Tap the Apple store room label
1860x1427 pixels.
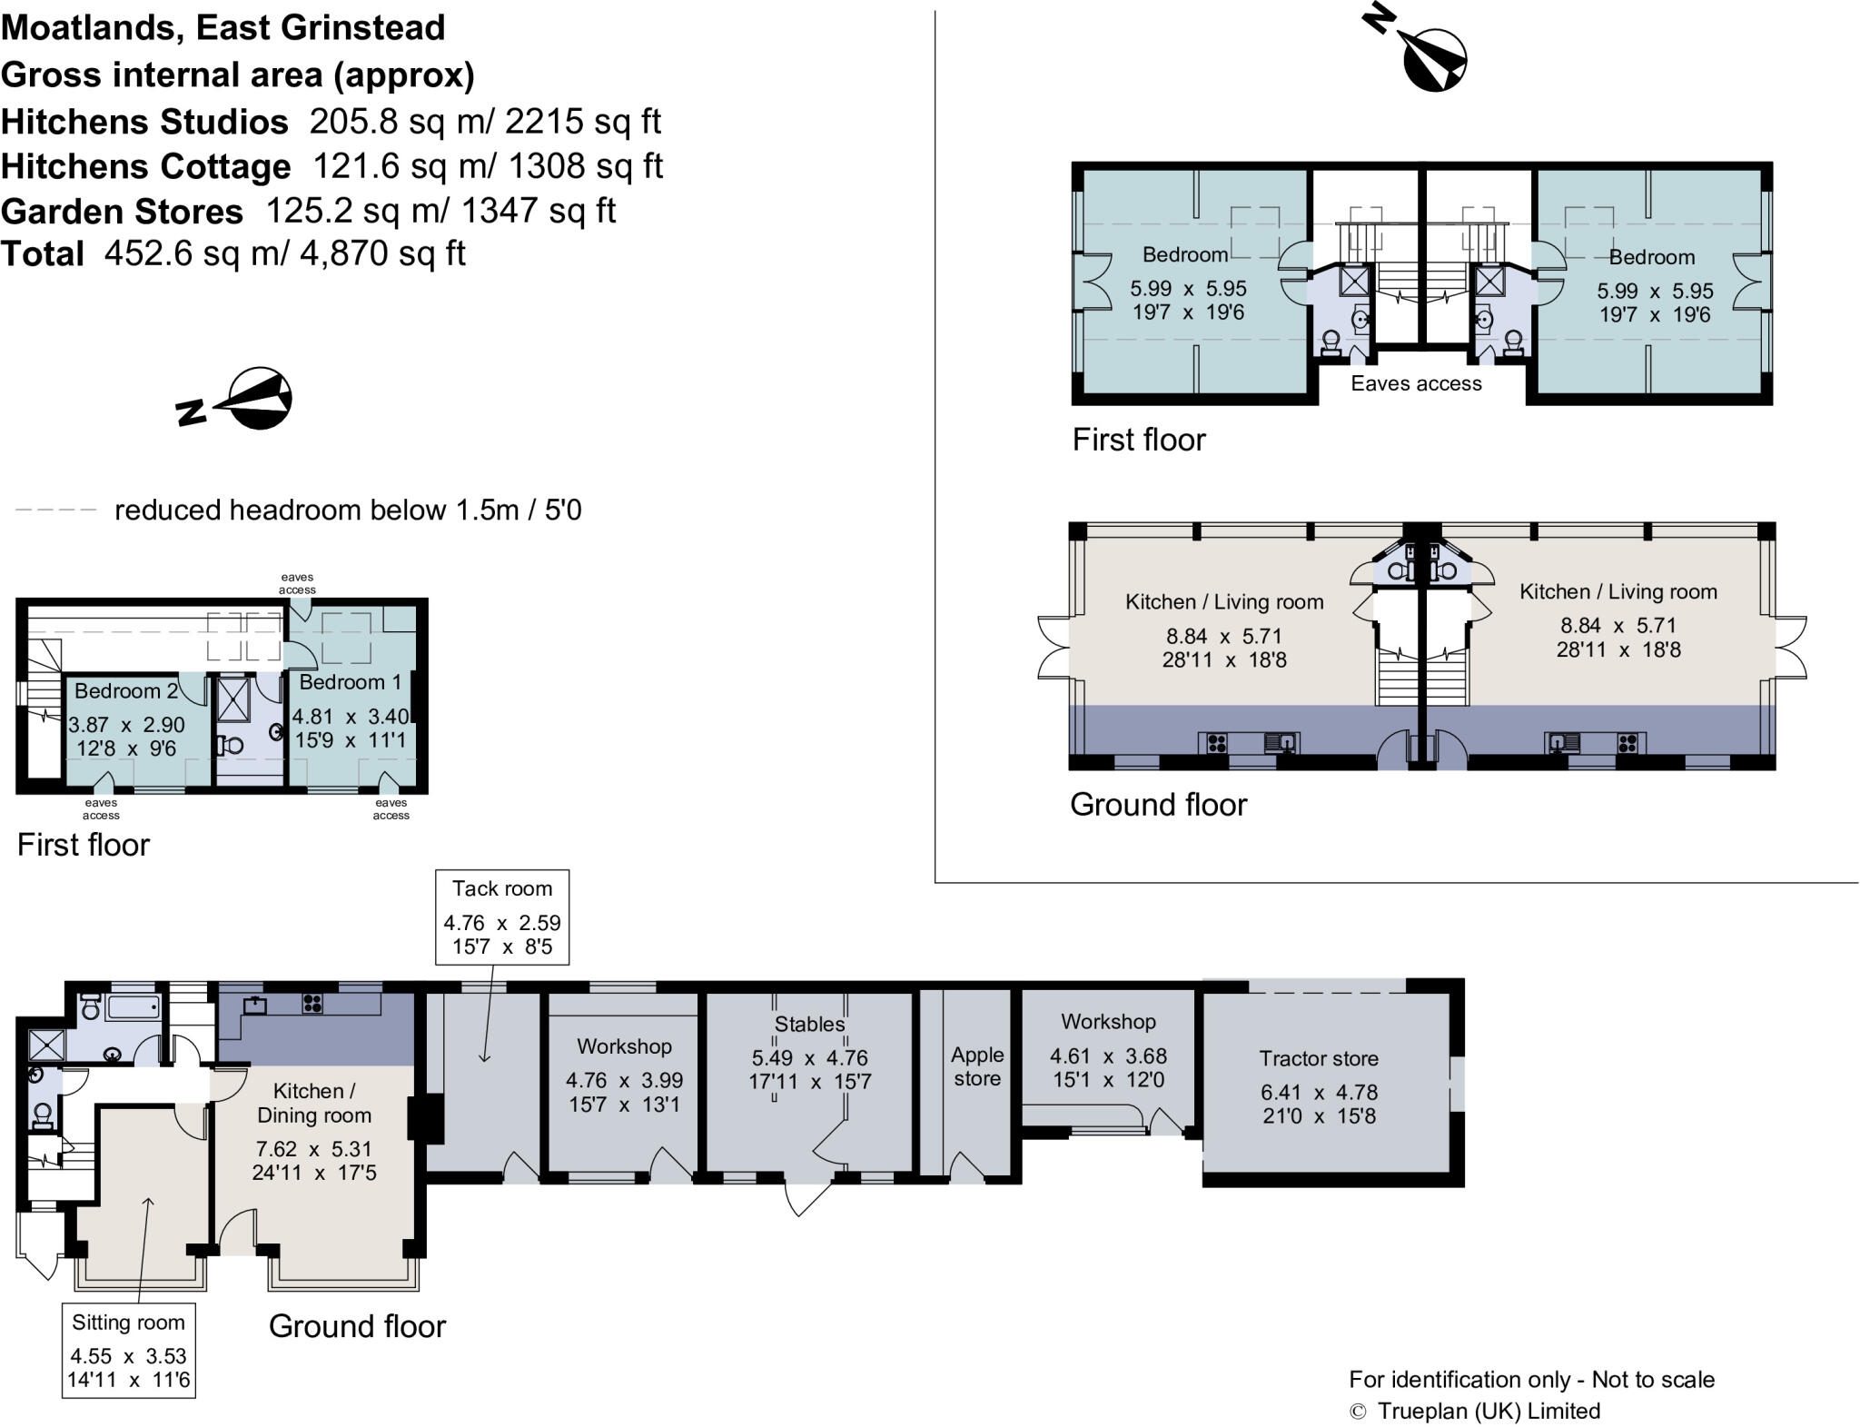976,1066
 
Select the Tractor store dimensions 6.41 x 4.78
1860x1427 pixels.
1319,1092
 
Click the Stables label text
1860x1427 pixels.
809,1024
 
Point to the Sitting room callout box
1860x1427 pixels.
128,1350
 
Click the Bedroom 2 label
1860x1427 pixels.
125,690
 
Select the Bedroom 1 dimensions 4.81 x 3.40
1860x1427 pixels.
351,717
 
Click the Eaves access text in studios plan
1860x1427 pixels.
1415,383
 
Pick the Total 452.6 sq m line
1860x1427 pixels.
233,253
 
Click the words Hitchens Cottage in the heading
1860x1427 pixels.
146,166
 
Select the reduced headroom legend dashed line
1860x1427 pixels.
55,510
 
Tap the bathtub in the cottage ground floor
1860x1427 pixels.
133,1007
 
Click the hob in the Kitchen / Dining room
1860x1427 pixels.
312,1003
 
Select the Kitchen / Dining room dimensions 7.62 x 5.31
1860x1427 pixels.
314,1149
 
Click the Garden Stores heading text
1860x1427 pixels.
122,212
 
